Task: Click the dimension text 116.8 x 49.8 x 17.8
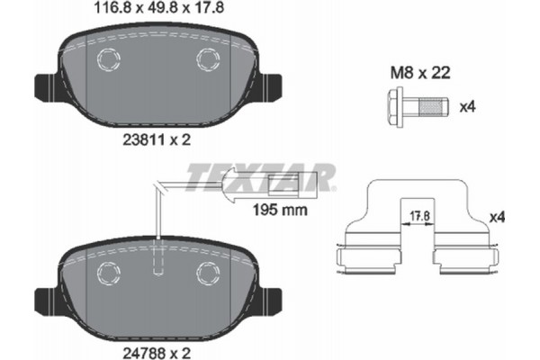157,10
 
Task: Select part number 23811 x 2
157,140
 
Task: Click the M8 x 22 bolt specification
418,74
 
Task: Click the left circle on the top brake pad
109,62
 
